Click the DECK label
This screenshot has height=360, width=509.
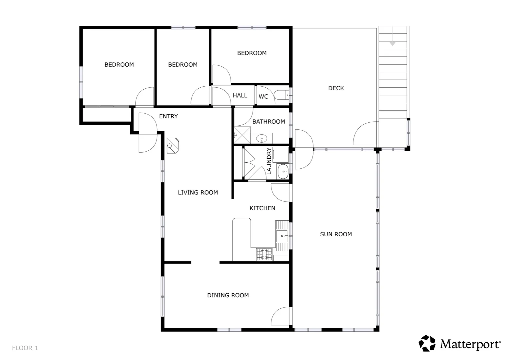(336, 88)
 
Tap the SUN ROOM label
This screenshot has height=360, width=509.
(336, 234)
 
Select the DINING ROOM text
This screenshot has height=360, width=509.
(228, 295)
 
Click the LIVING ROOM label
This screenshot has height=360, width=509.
(198, 192)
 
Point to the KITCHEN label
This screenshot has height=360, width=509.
(262, 208)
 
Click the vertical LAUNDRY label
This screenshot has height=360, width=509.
(269, 161)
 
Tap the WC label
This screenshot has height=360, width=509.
(263, 97)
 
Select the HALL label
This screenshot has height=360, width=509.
(240, 95)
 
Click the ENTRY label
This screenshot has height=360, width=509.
(168, 116)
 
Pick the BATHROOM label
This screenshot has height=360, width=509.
(268, 122)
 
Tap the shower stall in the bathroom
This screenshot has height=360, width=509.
(242, 135)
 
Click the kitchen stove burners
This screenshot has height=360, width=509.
(264, 255)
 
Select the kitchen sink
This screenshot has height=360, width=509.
(282, 236)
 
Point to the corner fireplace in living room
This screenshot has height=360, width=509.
(173, 145)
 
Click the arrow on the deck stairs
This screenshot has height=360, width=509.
(392, 44)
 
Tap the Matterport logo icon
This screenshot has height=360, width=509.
(427, 343)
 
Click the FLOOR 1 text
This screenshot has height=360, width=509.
(25, 348)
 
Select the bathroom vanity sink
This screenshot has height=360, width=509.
(261, 138)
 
